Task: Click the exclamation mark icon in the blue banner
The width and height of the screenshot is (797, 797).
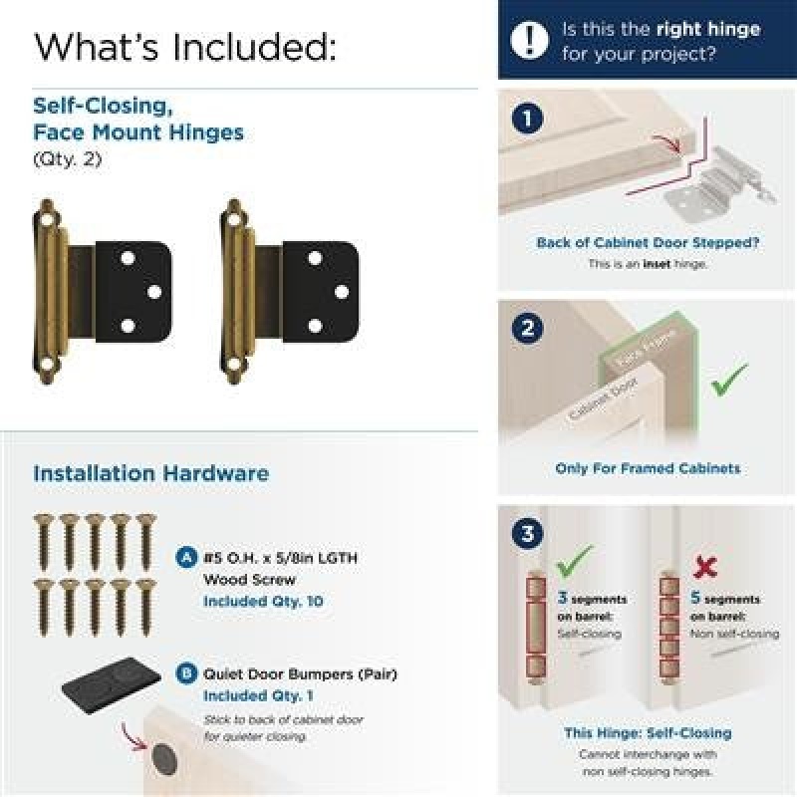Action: point(529,40)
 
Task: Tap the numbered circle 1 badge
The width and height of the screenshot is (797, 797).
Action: point(527,119)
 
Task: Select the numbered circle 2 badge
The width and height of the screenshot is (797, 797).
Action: point(527,328)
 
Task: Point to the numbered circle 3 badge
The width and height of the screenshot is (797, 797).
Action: point(527,533)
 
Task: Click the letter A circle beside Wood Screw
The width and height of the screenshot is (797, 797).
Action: point(186,557)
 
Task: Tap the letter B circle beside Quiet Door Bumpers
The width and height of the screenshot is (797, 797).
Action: point(186,673)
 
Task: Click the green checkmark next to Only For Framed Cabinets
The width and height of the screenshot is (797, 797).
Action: point(729,380)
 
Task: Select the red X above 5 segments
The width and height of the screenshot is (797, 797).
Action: point(705,567)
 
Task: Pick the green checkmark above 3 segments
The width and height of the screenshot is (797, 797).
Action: point(575,560)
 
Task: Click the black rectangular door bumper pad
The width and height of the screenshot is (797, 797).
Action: point(112,685)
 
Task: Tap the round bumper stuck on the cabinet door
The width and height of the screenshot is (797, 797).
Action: point(164,759)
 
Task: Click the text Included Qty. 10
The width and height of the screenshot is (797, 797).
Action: point(263,602)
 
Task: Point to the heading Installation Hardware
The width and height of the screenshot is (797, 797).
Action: point(151,473)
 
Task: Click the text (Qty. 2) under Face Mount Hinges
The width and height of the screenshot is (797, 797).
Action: point(68,159)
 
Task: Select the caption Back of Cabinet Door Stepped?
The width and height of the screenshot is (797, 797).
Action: point(648,242)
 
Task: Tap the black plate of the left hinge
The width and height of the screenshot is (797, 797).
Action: point(133,291)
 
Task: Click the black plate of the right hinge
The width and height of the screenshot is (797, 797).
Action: point(321,291)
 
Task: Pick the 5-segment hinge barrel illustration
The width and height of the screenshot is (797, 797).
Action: point(669,629)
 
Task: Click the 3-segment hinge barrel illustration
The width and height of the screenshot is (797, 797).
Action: point(536,629)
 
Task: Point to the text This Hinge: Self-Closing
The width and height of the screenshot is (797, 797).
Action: point(648,733)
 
